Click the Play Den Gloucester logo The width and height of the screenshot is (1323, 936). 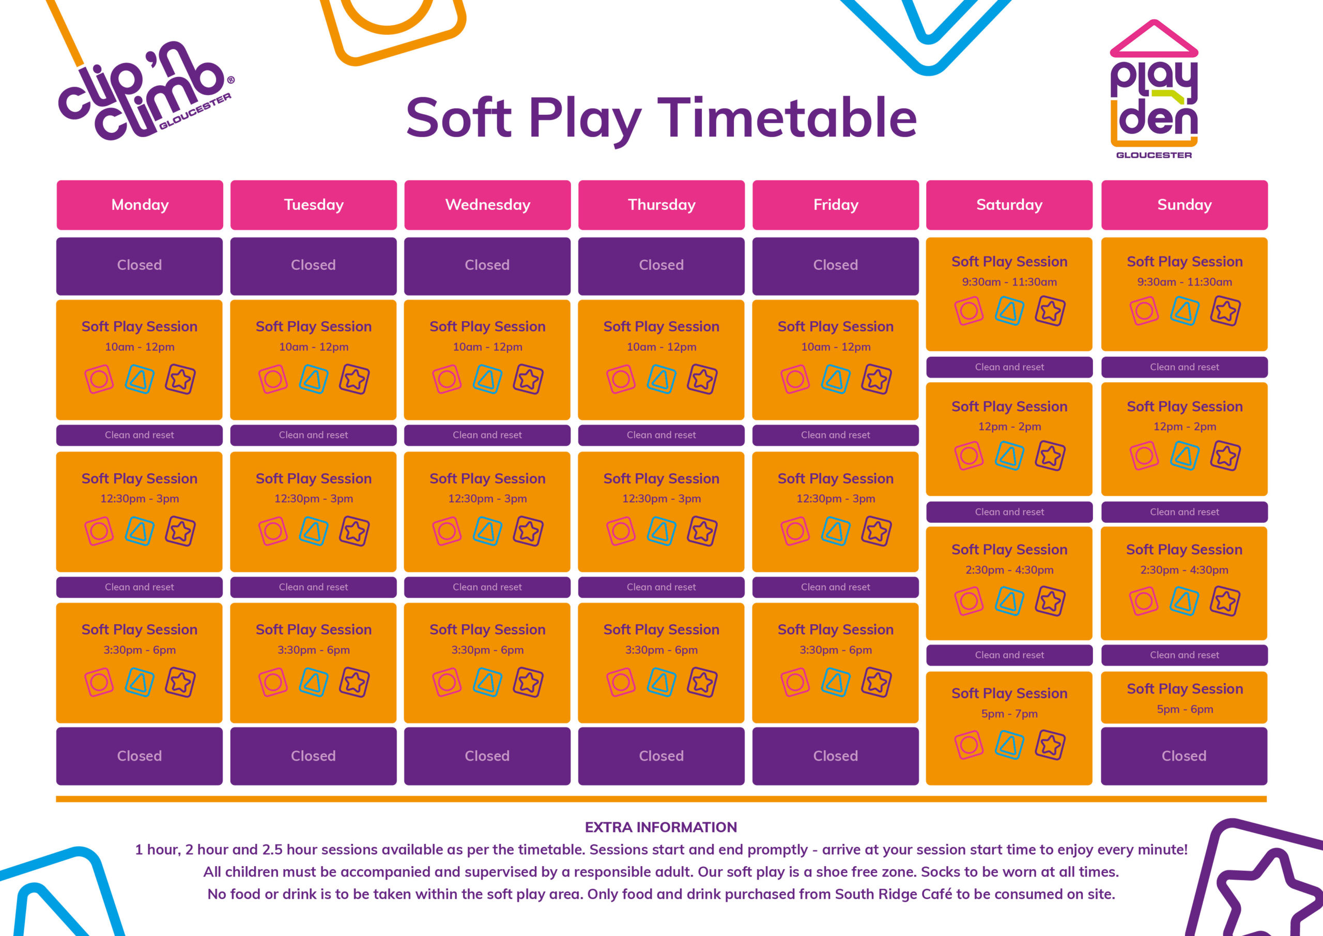[x=1153, y=89]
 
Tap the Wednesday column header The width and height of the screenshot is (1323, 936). [x=487, y=205]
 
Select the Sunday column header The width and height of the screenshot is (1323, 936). [x=1184, y=205]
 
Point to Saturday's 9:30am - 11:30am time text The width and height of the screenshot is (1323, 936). [x=1009, y=282]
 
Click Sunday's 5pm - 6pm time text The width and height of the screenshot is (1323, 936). [x=1184, y=709]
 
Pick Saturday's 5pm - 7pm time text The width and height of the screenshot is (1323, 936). [x=1009, y=714]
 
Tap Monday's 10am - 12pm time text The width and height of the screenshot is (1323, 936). [x=140, y=347]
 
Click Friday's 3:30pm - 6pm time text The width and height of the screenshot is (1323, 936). [x=836, y=650]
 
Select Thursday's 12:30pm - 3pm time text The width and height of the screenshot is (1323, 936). [x=661, y=499]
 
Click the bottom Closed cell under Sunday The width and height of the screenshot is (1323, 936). [x=1184, y=756]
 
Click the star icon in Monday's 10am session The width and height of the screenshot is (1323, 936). [x=180, y=380]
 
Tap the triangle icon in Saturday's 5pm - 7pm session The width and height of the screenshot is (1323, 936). [x=1009, y=745]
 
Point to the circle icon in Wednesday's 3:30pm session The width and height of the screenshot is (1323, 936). [x=447, y=683]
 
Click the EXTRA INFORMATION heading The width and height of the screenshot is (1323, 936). [x=661, y=827]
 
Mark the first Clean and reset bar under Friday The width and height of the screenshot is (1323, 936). [x=836, y=435]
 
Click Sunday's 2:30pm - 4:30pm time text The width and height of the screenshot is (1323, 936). [x=1184, y=570]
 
